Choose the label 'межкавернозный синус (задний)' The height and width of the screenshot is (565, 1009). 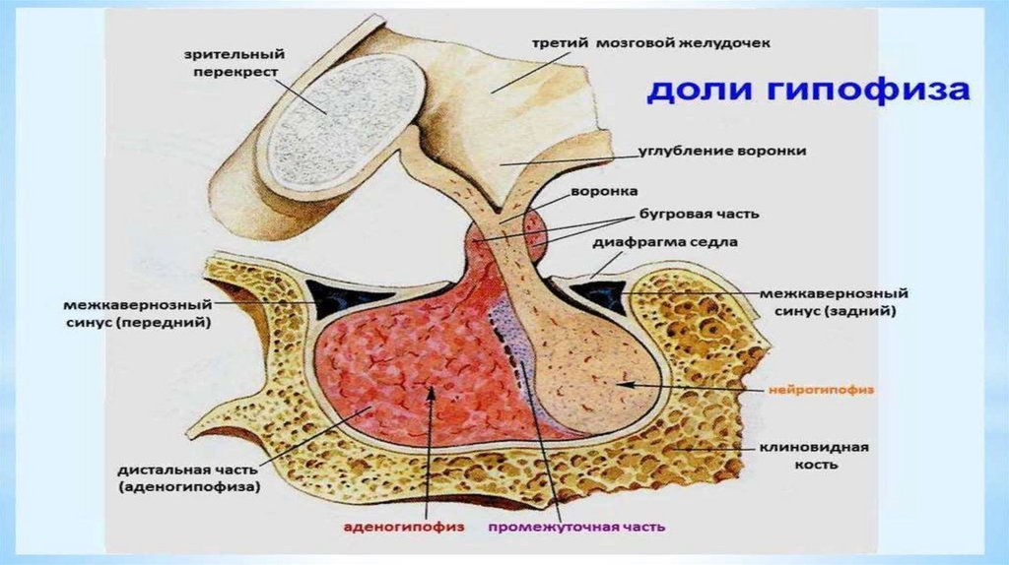(834, 301)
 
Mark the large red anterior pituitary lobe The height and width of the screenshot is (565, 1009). (404, 364)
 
